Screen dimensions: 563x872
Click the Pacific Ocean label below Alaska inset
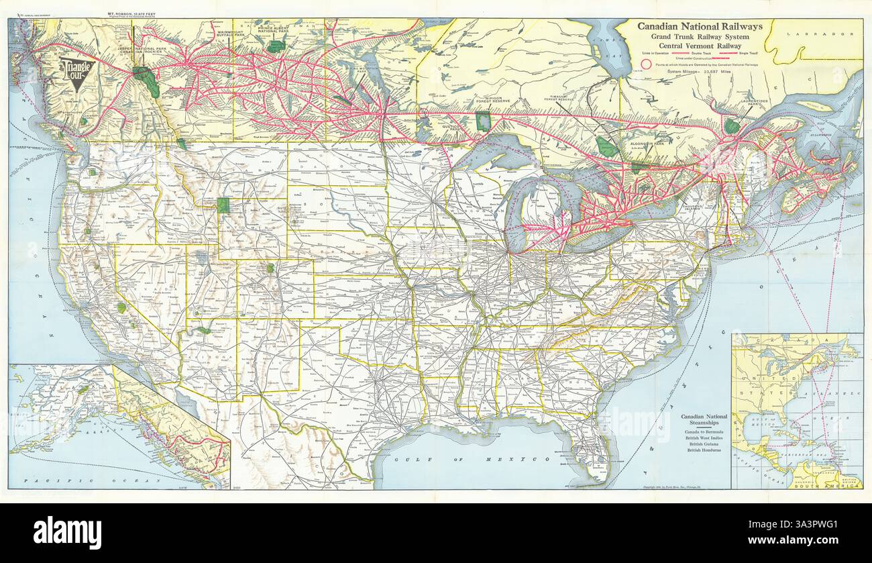[91, 481]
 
